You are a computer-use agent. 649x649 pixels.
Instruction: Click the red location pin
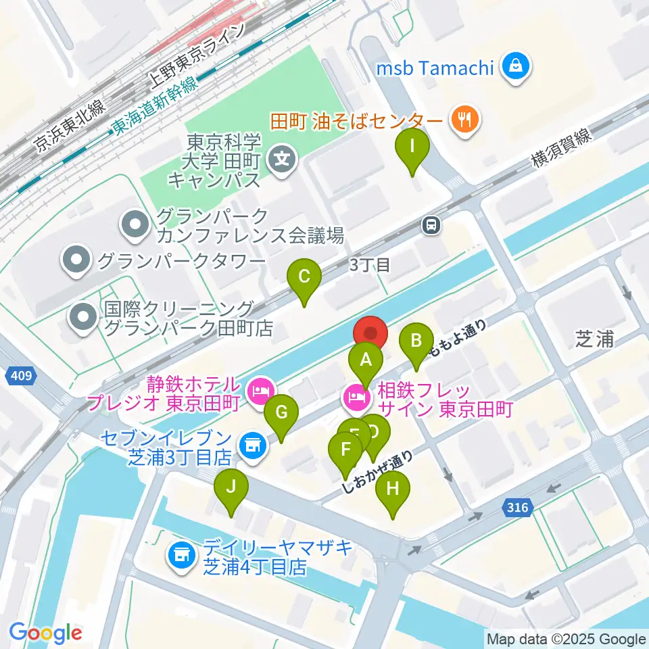pyautogui.click(x=370, y=334)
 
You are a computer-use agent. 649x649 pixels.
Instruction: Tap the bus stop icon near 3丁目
pyautogui.click(x=430, y=226)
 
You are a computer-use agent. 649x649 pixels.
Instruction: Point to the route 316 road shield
pyautogui.click(x=516, y=506)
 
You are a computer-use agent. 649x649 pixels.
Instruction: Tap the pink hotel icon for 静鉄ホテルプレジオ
pyautogui.click(x=260, y=391)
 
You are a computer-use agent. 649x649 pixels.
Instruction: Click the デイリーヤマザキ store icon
pyautogui.click(x=180, y=556)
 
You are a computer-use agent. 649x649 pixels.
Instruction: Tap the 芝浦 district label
pyautogui.click(x=595, y=339)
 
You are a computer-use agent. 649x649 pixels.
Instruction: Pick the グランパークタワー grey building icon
pyautogui.click(x=76, y=259)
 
